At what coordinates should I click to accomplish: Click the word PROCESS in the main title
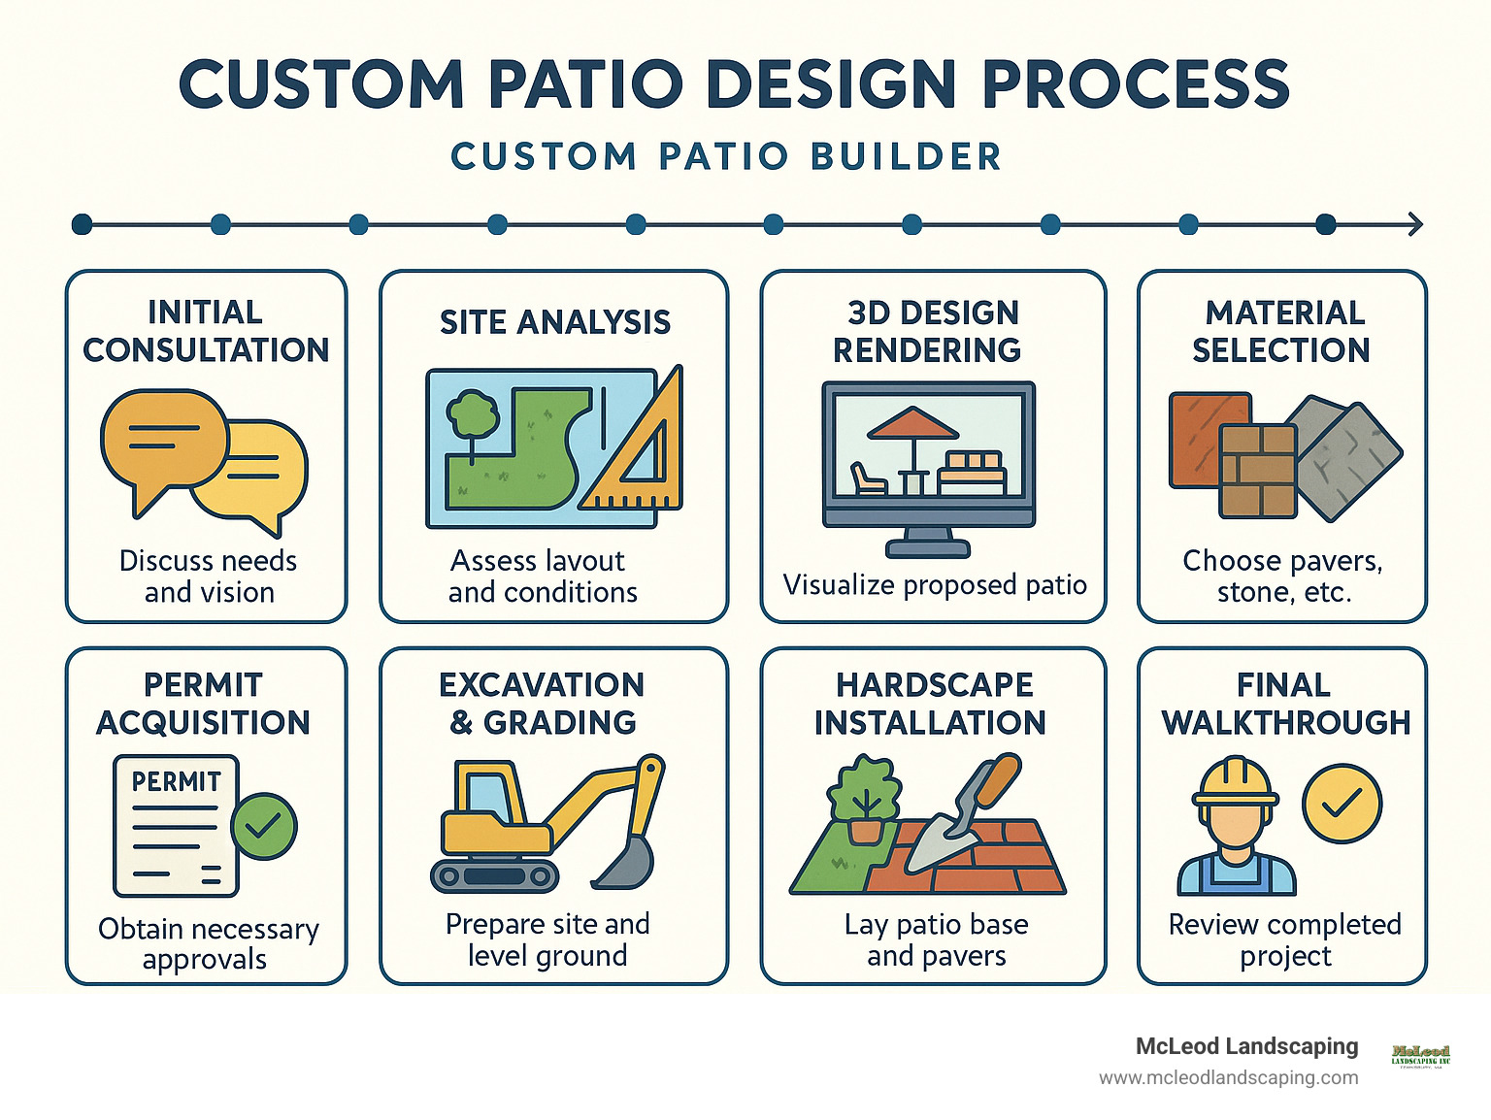pyautogui.click(x=1135, y=83)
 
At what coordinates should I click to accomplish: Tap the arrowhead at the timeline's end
pyautogui.click(x=1415, y=224)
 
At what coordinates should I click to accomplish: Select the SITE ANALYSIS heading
pyautogui.click(x=554, y=322)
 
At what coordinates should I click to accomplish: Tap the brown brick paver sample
pyautogui.click(x=1258, y=470)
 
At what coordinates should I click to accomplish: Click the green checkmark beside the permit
pyautogui.click(x=264, y=826)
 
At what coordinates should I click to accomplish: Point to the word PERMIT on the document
pyautogui.click(x=176, y=781)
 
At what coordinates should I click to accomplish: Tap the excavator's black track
pyautogui.click(x=495, y=876)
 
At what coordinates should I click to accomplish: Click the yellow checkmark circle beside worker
pyautogui.click(x=1342, y=803)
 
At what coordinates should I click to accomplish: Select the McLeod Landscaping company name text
pyautogui.click(x=1246, y=1046)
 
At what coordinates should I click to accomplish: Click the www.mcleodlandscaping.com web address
pyautogui.click(x=1228, y=1077)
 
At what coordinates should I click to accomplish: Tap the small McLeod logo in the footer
pyautogui.click(x=1420, y=1055)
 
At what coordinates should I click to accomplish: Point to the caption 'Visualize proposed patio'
pyautogui.click(x=934, y=585)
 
